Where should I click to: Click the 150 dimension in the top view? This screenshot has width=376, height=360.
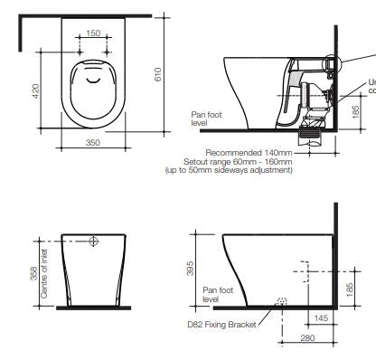coord(92,33)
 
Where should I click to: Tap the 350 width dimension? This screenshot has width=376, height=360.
coord(92,143)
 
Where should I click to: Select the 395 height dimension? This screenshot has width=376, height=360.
coord(190,269)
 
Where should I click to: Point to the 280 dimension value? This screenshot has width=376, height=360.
coord(307,337)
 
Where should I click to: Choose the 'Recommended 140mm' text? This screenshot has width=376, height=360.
coord(249,154)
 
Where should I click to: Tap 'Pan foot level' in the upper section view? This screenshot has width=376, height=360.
coord(202,118)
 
